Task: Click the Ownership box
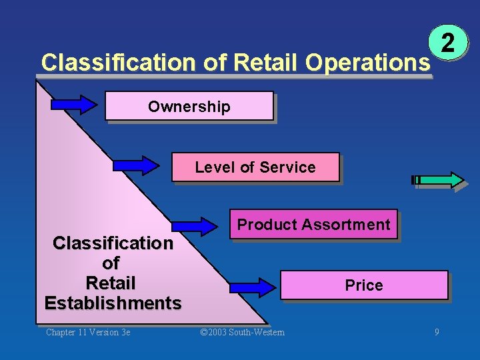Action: coord(189,106)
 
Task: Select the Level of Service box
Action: coord(255,167)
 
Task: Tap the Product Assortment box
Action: coord(313,225)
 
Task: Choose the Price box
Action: coord(364,285)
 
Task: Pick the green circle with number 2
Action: coord(448,45)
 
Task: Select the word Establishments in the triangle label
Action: coord(113,303)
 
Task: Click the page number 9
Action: coord(437,332)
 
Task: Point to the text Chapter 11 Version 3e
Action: coord(88,332)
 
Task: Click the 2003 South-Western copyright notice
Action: coord(243,332)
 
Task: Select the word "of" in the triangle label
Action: coord(111,263)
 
